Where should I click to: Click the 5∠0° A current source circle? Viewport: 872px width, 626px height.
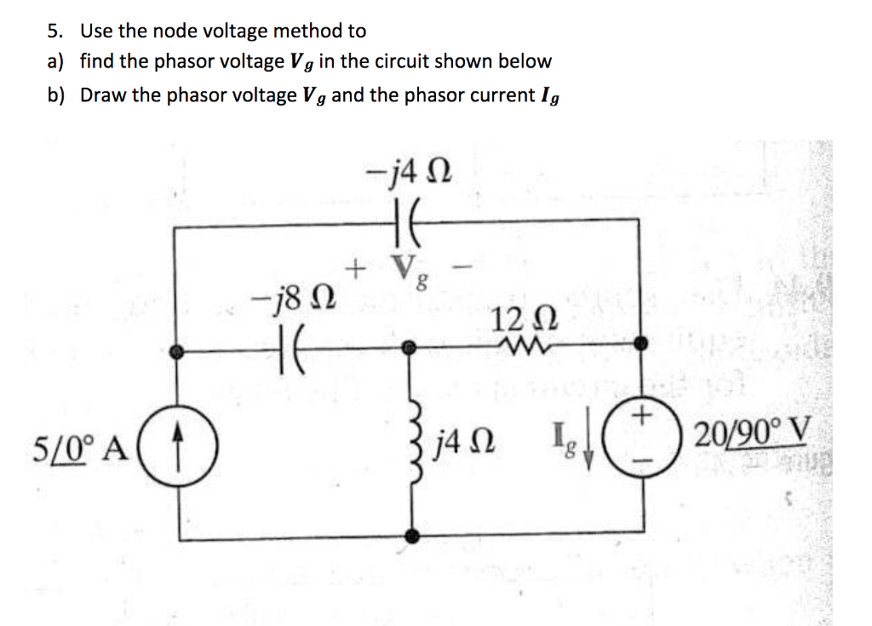click(198, 444)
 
